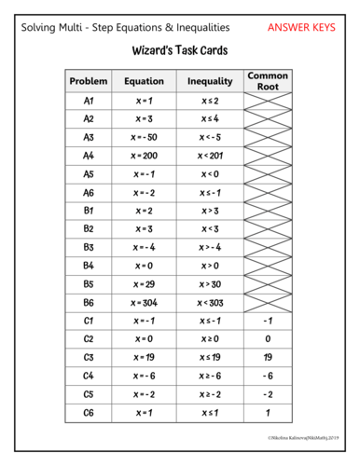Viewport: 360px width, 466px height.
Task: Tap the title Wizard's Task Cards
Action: click(x=179, y=50)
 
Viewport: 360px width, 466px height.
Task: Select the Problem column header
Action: click(x=89, y=81)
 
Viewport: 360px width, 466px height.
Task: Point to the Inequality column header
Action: click(x=210, y=81)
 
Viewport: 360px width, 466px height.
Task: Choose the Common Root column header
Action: click(x=268, y=81)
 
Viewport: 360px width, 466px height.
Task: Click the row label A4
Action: click(x=89, y=155)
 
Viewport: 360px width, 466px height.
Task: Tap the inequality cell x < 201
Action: click(x=210, y=155)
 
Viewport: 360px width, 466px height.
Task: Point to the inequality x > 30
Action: click(x=210, y=283)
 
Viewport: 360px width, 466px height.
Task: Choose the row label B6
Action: click(x=89, y=302)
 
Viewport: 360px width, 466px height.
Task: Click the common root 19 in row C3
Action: click(x=268, y=357)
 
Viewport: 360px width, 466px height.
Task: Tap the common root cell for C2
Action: click(x=268, y=338)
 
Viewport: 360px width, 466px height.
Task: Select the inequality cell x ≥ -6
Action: click(x=210, y=376)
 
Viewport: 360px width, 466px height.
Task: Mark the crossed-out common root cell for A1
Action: click(x=268, y=100)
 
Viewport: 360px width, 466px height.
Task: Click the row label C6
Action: click(x=89, y=412)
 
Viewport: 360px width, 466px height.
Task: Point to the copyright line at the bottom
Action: click(x=304, y=436)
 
